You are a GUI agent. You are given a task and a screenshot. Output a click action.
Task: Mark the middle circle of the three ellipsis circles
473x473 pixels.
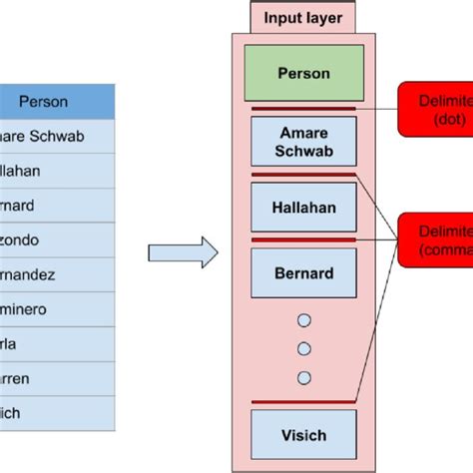(x=303, y=348)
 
